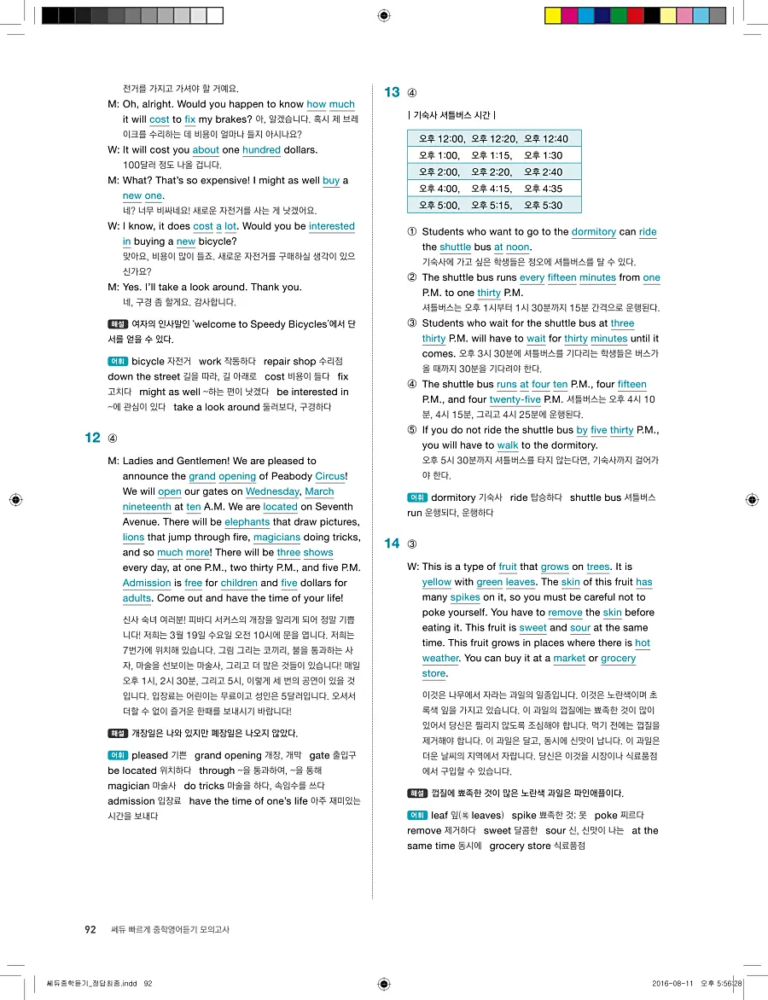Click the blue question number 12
(x=93, y=438)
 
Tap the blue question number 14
(x=393, y=544)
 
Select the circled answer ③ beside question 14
(x=413, y=544)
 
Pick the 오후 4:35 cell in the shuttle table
(x=543, y=189)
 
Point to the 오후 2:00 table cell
(x=439, y=172)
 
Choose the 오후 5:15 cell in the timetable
(x=492, y=205)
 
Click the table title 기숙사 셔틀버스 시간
(x=452, y=115)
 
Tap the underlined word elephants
(x=247, y=522)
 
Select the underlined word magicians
(x=276, y=538)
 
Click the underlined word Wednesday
(x=272, y=491)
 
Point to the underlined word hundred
(x=261, y=150)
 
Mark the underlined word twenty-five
(x=515, y=399)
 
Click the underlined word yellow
(x=437, y=582)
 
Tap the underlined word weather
(x=441, y=659)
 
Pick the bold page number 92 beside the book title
(x=90, y=930)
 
